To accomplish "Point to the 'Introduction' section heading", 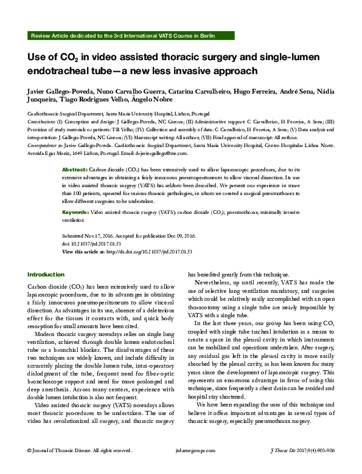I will [46, 274].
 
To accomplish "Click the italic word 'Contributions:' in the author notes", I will [41, 122].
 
